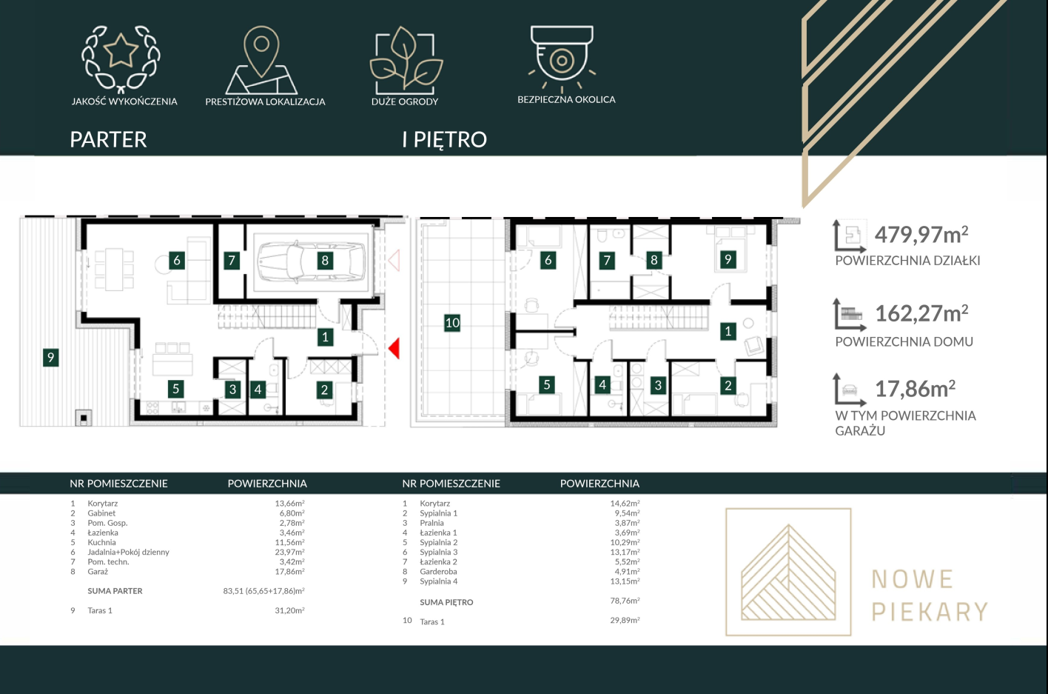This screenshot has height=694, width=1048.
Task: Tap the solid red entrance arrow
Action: pos(394,348)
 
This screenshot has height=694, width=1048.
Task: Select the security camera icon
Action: pos(562,57)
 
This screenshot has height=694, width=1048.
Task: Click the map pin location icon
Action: pos(261,60)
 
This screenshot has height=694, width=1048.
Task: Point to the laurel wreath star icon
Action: pos(121,58)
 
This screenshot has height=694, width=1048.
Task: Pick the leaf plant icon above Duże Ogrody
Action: pos(406,60)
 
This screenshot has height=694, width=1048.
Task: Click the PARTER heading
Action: pos(108,139)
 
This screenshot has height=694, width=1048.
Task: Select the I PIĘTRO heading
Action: pos(445,139)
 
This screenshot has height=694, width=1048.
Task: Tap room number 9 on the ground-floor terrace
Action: pos(50,358)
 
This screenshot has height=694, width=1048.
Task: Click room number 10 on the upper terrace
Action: pos(452,323)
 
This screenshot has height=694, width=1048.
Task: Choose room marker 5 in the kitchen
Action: pos(176,389)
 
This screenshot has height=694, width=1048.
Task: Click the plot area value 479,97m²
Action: pos(921,235)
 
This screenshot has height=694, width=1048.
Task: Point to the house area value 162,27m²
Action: pos(921,314)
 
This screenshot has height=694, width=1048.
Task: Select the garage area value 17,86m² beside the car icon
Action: pos(915,389)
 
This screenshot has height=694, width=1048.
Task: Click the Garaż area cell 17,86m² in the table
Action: pos(289,571)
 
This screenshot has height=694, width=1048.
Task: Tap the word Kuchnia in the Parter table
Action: pos(101,542)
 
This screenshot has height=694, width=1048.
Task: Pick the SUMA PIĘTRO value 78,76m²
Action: pos(625,601)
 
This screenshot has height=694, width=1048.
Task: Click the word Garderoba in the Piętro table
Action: pos(438,571)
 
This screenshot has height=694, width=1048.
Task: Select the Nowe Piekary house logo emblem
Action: pos(788,572)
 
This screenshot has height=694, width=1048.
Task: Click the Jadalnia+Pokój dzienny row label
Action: pos(128,552)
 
